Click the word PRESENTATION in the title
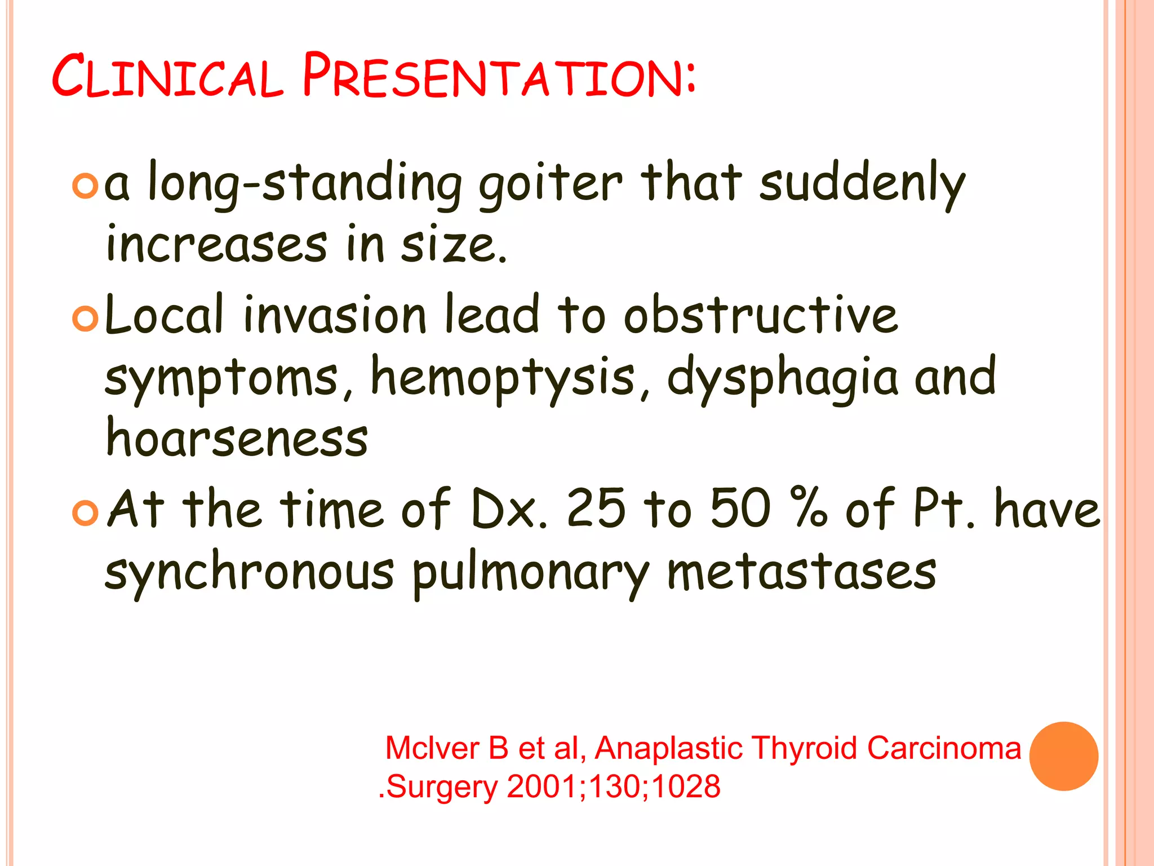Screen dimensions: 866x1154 tap(499, 76)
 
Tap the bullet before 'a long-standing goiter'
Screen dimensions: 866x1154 tap(86, 186)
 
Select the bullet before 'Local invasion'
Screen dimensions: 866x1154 tap(86, 319)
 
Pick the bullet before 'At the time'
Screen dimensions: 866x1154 tap(86, 513)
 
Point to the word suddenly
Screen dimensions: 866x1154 tap(862, 183)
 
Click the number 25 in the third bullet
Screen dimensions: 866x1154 tap(596, 509)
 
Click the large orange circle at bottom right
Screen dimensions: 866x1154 tap(1063, 756)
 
